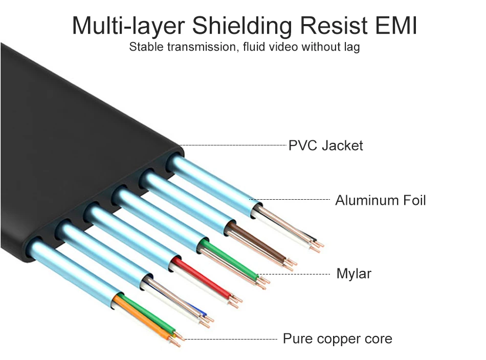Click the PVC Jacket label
pos(325,145)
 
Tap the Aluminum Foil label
pos(380,200)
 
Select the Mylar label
pos(354,274)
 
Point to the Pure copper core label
pos(337,339)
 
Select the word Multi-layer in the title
pos(130,26)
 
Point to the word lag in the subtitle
pos(351,48)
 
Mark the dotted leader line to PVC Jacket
pos(233,145)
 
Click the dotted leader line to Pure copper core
pos(230,339)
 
